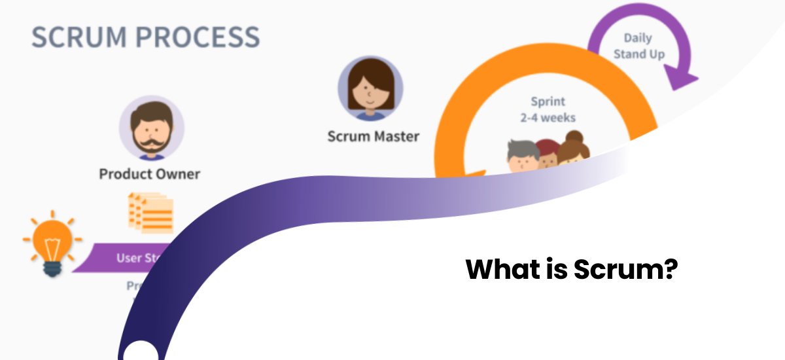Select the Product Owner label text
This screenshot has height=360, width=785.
pos(149,174)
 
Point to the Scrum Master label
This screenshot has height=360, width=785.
pos(373,137)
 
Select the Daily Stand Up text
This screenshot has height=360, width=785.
pos(638,46)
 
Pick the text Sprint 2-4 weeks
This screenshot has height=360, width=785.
pos(548,110)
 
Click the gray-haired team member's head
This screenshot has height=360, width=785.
pos(523,154)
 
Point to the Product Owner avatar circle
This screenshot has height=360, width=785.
pos(151,128)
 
